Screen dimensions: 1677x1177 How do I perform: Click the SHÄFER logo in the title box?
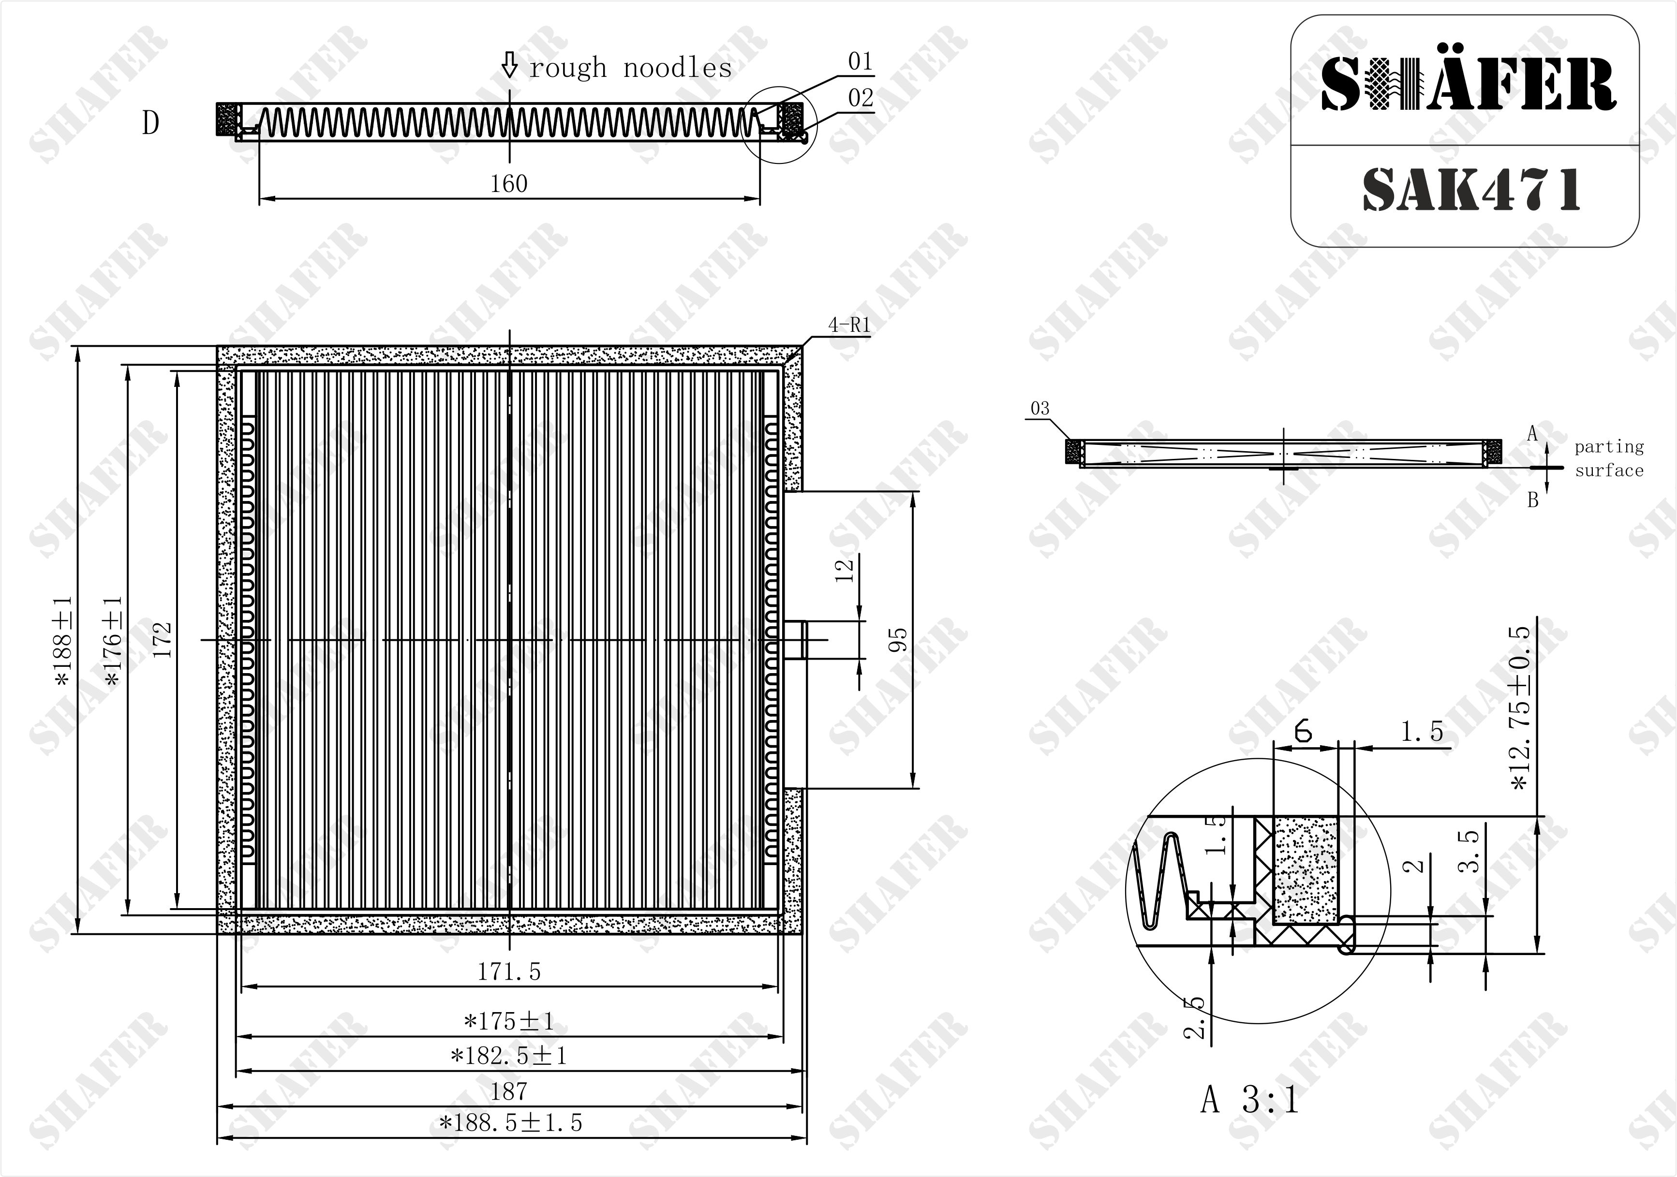(1468, 84)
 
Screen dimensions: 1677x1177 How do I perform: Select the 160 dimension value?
(509, 183)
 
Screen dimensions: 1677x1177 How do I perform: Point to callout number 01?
(861, 62)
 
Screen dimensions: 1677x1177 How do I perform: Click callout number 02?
(861, 98)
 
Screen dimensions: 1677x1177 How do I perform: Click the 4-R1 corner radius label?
(849, 325)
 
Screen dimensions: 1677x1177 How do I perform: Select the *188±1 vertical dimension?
(63, 640)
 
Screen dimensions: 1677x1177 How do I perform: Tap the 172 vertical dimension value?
(163, 640)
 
